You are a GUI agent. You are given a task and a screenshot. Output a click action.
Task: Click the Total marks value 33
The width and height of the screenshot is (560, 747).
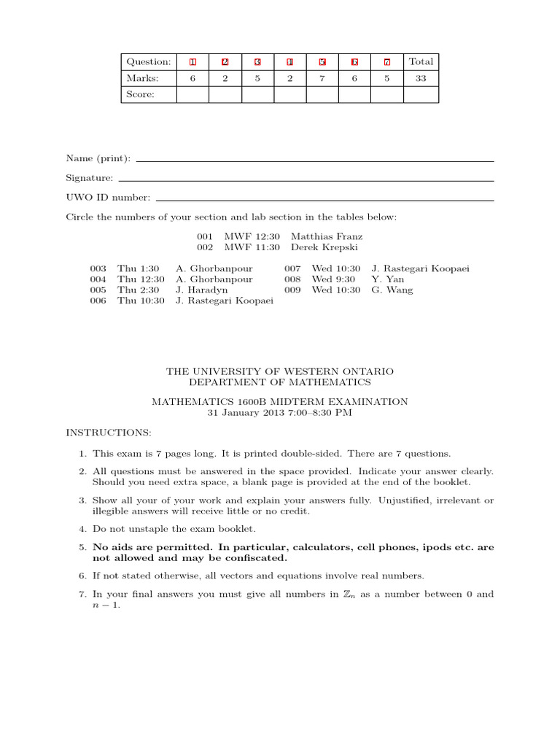(421, 78)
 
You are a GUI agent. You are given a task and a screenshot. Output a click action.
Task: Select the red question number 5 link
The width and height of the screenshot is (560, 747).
(322, 62)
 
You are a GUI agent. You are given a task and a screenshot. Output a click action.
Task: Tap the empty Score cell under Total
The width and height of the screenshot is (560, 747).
(421, 95)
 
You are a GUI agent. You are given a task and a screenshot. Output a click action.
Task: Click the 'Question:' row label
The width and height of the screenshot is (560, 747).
(149, 62)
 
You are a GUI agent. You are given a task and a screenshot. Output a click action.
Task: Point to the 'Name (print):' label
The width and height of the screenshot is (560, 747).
(98, 158)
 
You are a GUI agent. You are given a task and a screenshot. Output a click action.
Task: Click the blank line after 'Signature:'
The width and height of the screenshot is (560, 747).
(306, 180)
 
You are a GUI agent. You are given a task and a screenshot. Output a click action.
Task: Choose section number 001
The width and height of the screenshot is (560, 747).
(205, 236)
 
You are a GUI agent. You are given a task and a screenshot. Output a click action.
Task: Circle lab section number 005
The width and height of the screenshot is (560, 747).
(98, 290)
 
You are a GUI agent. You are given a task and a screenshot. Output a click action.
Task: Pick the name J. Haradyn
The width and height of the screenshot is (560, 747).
(202, 290)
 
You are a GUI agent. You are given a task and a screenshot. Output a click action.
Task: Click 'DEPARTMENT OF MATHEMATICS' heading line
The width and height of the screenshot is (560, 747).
(280, 382)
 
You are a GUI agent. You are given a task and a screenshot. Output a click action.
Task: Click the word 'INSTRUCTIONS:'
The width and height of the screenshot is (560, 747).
(109, 433)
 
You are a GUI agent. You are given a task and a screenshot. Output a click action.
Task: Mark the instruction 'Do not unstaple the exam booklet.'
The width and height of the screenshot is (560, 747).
(174, 529)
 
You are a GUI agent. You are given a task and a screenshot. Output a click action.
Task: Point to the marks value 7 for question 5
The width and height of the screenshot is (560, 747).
(322, 78)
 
